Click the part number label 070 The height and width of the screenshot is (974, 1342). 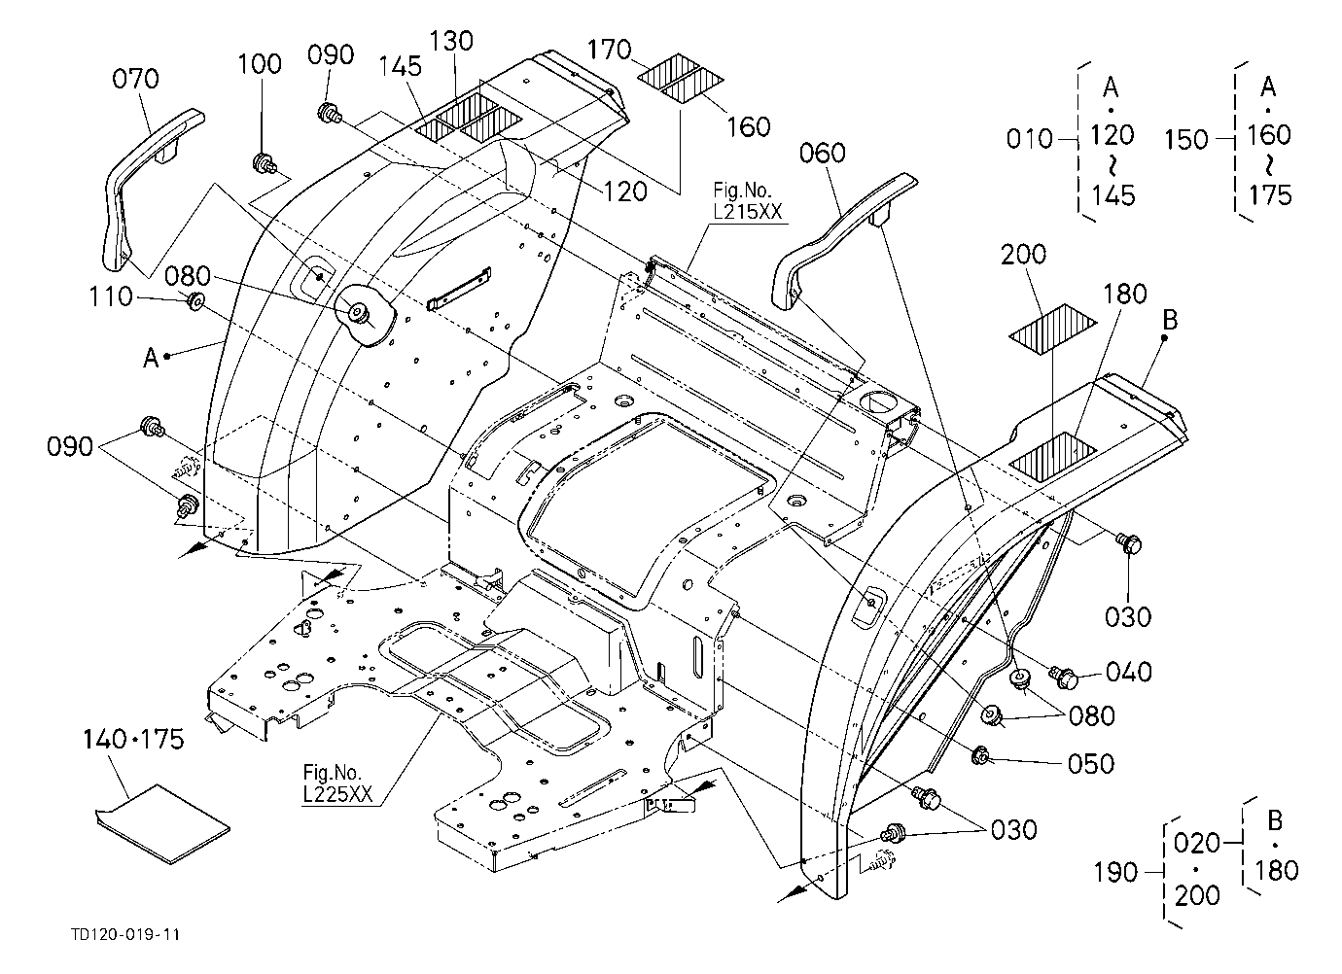click(136, 79)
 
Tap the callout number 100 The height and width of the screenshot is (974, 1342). click(260, 63)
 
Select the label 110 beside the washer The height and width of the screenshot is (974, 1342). click(111, 296)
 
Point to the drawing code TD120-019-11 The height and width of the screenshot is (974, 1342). click(125, 934)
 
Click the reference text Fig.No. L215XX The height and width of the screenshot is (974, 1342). click(747, 200)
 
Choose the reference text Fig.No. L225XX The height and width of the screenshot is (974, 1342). click(337, 783)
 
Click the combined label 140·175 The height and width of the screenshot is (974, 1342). click(133, 740)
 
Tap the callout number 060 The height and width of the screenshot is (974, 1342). click(822, 154)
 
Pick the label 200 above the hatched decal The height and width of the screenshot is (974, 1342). click(1023, 255)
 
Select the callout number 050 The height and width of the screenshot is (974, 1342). click(1091, 764)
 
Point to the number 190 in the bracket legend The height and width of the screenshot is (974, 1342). click(1115, 873)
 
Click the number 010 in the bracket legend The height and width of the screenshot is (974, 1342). click(1029, 139)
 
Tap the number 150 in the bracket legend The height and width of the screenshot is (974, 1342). click(1186, 140)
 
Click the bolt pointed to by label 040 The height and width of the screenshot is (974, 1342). click(1064, 678)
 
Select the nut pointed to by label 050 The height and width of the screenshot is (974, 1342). click(980, 756)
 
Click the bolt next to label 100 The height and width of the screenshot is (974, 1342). click(264, 162)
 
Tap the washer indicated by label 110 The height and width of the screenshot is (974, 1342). click(195, 301)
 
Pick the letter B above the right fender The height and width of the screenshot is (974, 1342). click(1170, 321)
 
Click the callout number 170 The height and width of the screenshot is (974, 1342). click(610, 50)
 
